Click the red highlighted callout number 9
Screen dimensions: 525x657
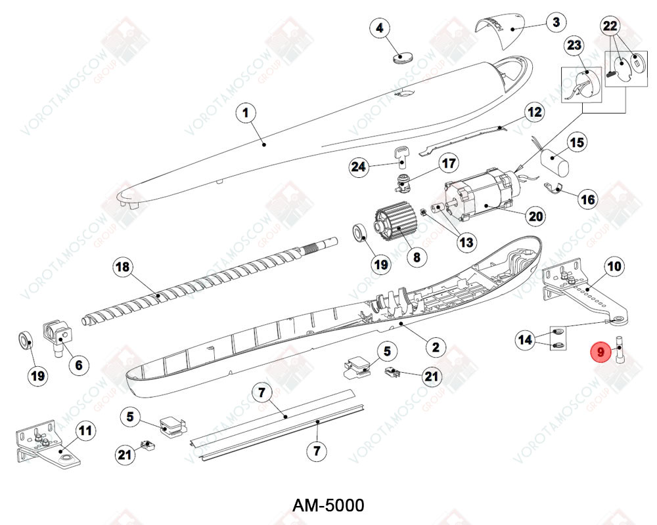pyautogui.click(x=600, y=352)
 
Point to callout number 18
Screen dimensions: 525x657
pyautogui.click(x=122, y=268)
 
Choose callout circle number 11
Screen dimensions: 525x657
pyautogui.click(x=86, y=430)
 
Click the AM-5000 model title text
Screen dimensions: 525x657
pyautogui.click(x=328, y=505)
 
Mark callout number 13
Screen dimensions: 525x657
pyautogui.click(x=466, y=243)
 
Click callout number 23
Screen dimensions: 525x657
pyautogui.click(x=574, y=45)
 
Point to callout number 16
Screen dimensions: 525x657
pyautogui.click(x=588, y=199)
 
